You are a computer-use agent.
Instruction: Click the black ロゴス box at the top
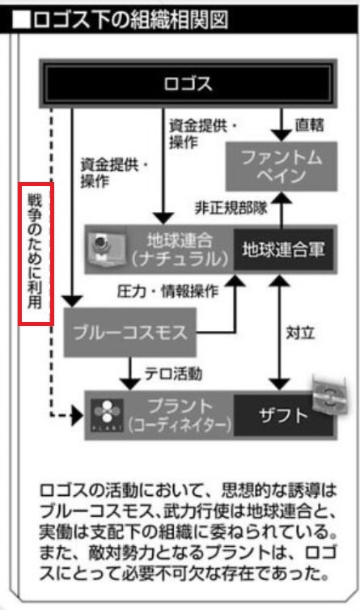188,83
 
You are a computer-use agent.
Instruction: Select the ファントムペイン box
282,167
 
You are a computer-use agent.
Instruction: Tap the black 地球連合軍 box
283,249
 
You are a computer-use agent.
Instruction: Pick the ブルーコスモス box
130,333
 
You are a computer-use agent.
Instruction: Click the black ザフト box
283,416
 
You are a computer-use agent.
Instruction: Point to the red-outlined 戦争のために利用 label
36,254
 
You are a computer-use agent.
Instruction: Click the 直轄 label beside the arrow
309,125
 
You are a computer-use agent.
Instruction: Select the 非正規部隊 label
231,208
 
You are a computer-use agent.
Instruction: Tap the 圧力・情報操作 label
167,291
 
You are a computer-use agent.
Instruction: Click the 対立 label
300,333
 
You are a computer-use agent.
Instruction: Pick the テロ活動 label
174,374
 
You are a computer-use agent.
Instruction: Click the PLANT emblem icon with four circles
107,415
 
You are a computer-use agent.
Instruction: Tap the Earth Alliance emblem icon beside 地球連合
106,249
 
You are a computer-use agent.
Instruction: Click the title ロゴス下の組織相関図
131,20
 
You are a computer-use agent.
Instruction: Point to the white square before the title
21,20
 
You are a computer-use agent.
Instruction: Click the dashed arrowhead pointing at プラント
78,416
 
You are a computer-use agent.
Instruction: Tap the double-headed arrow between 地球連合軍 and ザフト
278,333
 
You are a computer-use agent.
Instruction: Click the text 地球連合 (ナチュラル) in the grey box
180,249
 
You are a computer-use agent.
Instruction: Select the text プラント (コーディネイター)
180,416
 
